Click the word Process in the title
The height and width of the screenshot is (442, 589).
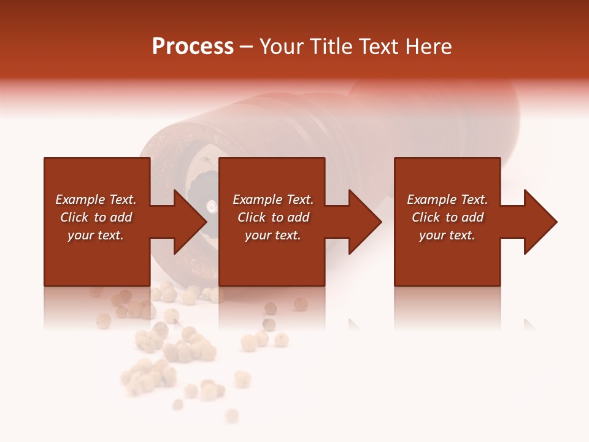click(x=193, y=47)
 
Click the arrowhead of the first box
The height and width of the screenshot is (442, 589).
click(x=190, y=222)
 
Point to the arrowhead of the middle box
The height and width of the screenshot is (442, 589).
click(x=364, y=222)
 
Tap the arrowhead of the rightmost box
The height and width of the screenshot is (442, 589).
click(x=540, y=222)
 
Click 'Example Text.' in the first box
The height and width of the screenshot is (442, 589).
click(x=96, y=200)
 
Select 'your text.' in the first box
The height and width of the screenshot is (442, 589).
click(x=96, y=235)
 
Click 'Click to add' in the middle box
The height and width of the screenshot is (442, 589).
click(x=273, y=217)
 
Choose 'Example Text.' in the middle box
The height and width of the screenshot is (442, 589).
click(x=273, y=200)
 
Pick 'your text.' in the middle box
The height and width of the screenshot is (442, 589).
click(x=273, y=235)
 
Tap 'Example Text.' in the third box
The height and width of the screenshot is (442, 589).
click(x=447, y=200)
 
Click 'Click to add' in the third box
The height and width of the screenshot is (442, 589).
click(x=447, y=217)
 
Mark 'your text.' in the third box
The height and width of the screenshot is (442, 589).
click(x=447, y=235)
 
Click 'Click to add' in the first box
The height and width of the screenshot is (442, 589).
click(x=96, y=217)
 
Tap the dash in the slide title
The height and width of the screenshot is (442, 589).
click(x=246, y=47)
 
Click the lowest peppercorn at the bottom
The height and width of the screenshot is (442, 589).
click(x=231, y=416)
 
